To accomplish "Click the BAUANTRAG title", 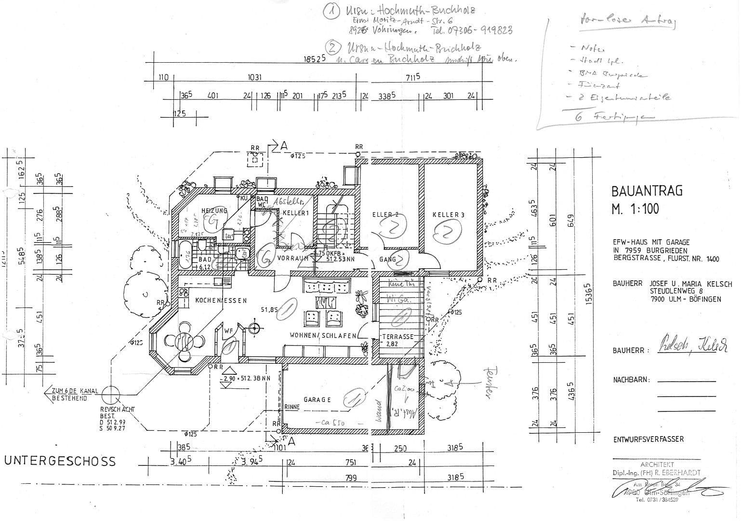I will (x=647, y=191).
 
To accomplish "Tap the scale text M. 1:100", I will (x=635, y=209).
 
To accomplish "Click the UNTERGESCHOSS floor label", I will (x=60, y=461).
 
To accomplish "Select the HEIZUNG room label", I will (x=214, y=211).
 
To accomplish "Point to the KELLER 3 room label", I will (x=448, y=215).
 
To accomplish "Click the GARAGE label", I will (x=317, y=400).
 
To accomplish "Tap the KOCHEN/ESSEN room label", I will (x=221, y=301).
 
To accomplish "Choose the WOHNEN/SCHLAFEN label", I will (x=323, y=335).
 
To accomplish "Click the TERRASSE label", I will (x=397, y=336).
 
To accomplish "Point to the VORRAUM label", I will (x=292, y=259).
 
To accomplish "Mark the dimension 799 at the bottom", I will (x=351, y=478).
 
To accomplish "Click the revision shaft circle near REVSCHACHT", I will (x=111, y=395).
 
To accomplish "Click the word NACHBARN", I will (x=631, y=380).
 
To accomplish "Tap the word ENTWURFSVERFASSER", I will (x=648, y=439).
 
